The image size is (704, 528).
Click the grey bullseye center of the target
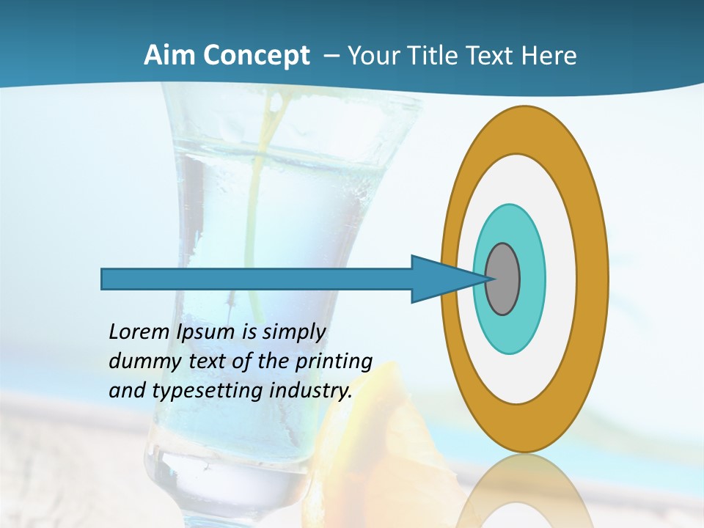click(503, 279)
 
